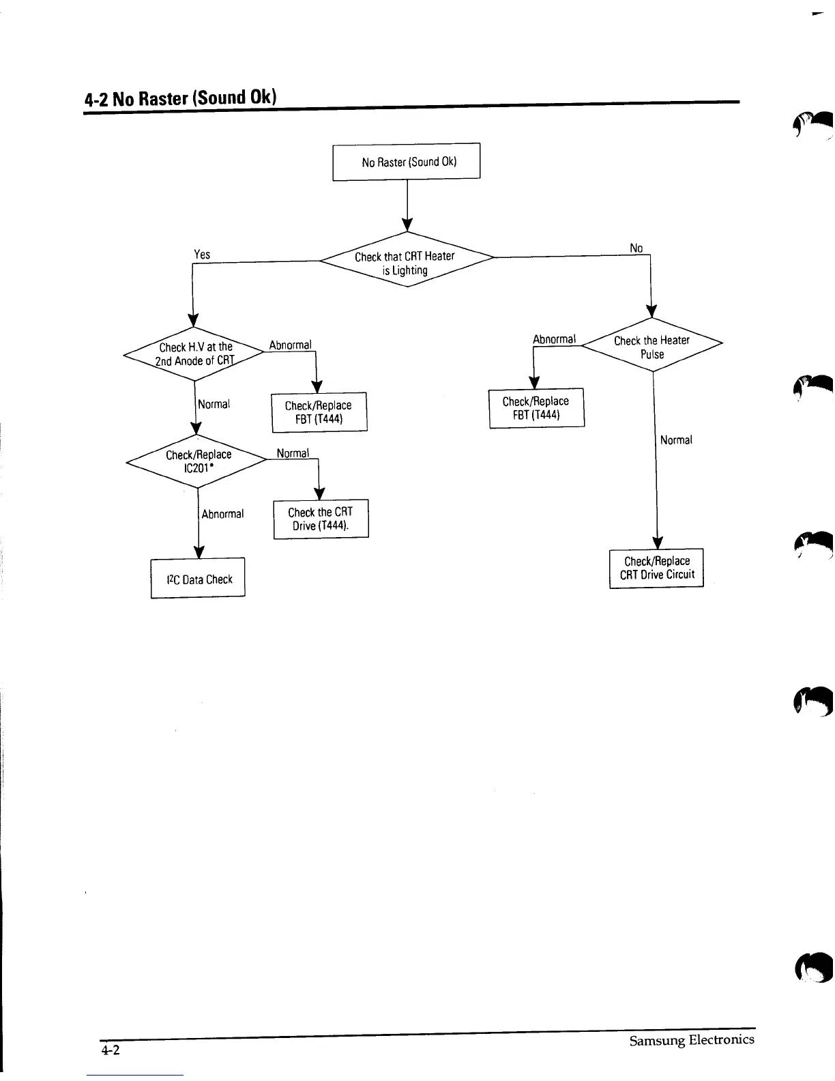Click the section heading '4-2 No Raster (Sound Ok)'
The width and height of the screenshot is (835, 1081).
[180, 98]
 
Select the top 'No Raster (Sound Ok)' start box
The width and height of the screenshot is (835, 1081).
[407, 162]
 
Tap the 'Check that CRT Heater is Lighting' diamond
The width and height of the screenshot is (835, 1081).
[407, 262]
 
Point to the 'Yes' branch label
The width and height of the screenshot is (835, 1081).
[202, 255]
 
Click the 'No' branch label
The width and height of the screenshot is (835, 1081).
[636, 248]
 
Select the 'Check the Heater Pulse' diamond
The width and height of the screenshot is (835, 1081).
[652, 347]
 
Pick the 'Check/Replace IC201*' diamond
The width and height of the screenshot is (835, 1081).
[198, 461]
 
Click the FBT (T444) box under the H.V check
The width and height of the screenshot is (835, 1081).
[319, 412]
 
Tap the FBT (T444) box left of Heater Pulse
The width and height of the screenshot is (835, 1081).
[536, 408]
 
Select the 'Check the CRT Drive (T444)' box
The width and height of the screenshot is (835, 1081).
[321, 519]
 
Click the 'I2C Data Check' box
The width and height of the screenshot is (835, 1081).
[198, 579]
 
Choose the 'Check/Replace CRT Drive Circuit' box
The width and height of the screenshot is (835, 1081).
[656, 568]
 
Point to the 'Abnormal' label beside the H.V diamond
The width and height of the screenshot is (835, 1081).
[290, 345]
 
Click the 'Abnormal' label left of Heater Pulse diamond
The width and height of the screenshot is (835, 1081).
[554, 339]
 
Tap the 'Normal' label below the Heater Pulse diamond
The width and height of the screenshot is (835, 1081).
[676, 440]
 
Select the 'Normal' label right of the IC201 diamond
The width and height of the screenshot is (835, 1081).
[293, 453]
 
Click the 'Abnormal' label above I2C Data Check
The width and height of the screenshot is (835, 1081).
[222, 514]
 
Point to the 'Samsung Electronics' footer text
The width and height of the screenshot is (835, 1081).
[691, 1040]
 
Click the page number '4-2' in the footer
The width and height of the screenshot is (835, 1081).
[110, 1050]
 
